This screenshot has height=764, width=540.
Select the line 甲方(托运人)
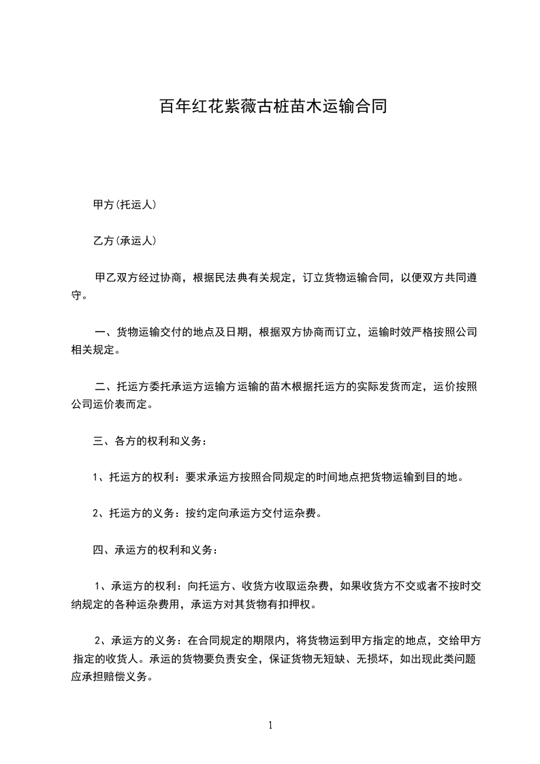pyautogui.click(x=125, y=204)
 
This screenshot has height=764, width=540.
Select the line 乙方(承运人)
pyautogui.click(x=125, y=240)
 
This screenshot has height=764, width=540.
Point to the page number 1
pyautogui.click(x=270, y=725)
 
